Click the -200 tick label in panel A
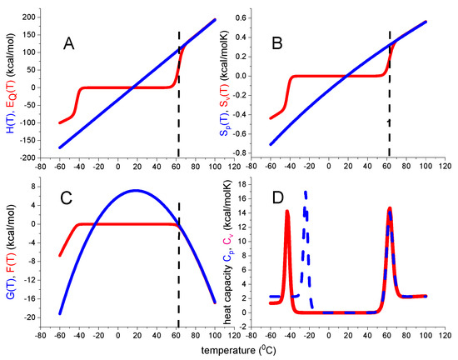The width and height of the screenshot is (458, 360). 26,157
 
